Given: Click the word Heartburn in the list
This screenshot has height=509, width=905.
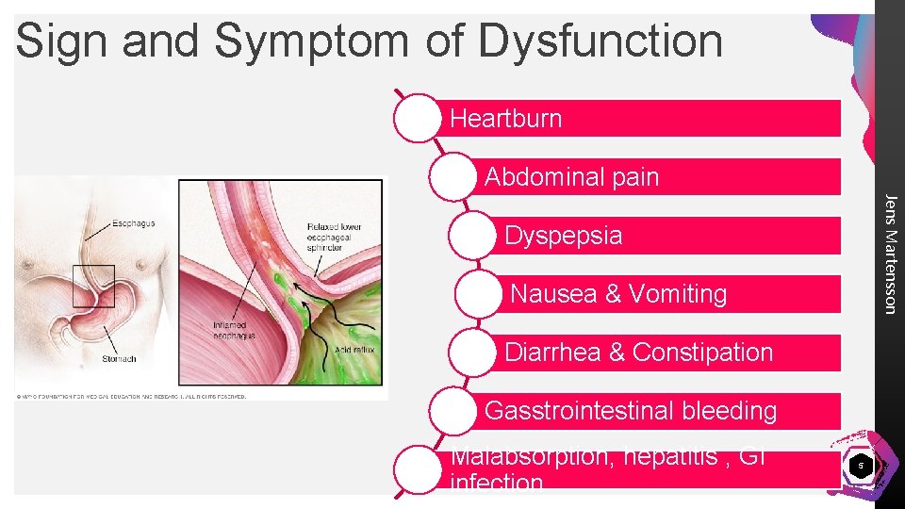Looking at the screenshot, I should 505,119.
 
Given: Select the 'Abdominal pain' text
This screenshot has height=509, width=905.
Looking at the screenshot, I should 571,177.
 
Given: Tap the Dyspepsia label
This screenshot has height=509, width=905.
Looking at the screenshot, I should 564,236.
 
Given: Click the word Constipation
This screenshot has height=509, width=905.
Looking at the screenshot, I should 702,353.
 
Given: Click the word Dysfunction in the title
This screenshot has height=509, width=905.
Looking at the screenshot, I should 600,41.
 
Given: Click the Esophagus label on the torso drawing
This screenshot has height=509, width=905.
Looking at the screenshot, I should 134,223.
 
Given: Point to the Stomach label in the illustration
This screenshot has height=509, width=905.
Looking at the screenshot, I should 120,358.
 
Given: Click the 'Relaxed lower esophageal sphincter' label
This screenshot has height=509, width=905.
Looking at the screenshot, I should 335,238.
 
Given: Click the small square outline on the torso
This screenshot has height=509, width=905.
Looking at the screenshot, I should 94,286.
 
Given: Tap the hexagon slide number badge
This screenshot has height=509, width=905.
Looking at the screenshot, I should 859,466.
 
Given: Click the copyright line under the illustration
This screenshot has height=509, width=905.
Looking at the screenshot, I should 131,396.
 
